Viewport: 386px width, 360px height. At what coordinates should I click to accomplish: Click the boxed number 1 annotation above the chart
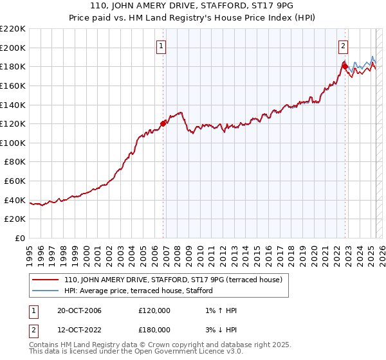coord(160,46)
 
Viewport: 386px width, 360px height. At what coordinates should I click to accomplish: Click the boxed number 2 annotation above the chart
coord(344,46)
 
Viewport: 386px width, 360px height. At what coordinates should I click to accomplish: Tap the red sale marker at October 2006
coord(163,123)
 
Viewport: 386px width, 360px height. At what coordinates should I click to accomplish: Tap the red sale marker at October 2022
coord(345,66)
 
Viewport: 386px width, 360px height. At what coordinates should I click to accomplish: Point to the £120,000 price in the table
coord(154,310)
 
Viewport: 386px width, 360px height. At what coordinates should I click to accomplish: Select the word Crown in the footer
coord(151,345)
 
